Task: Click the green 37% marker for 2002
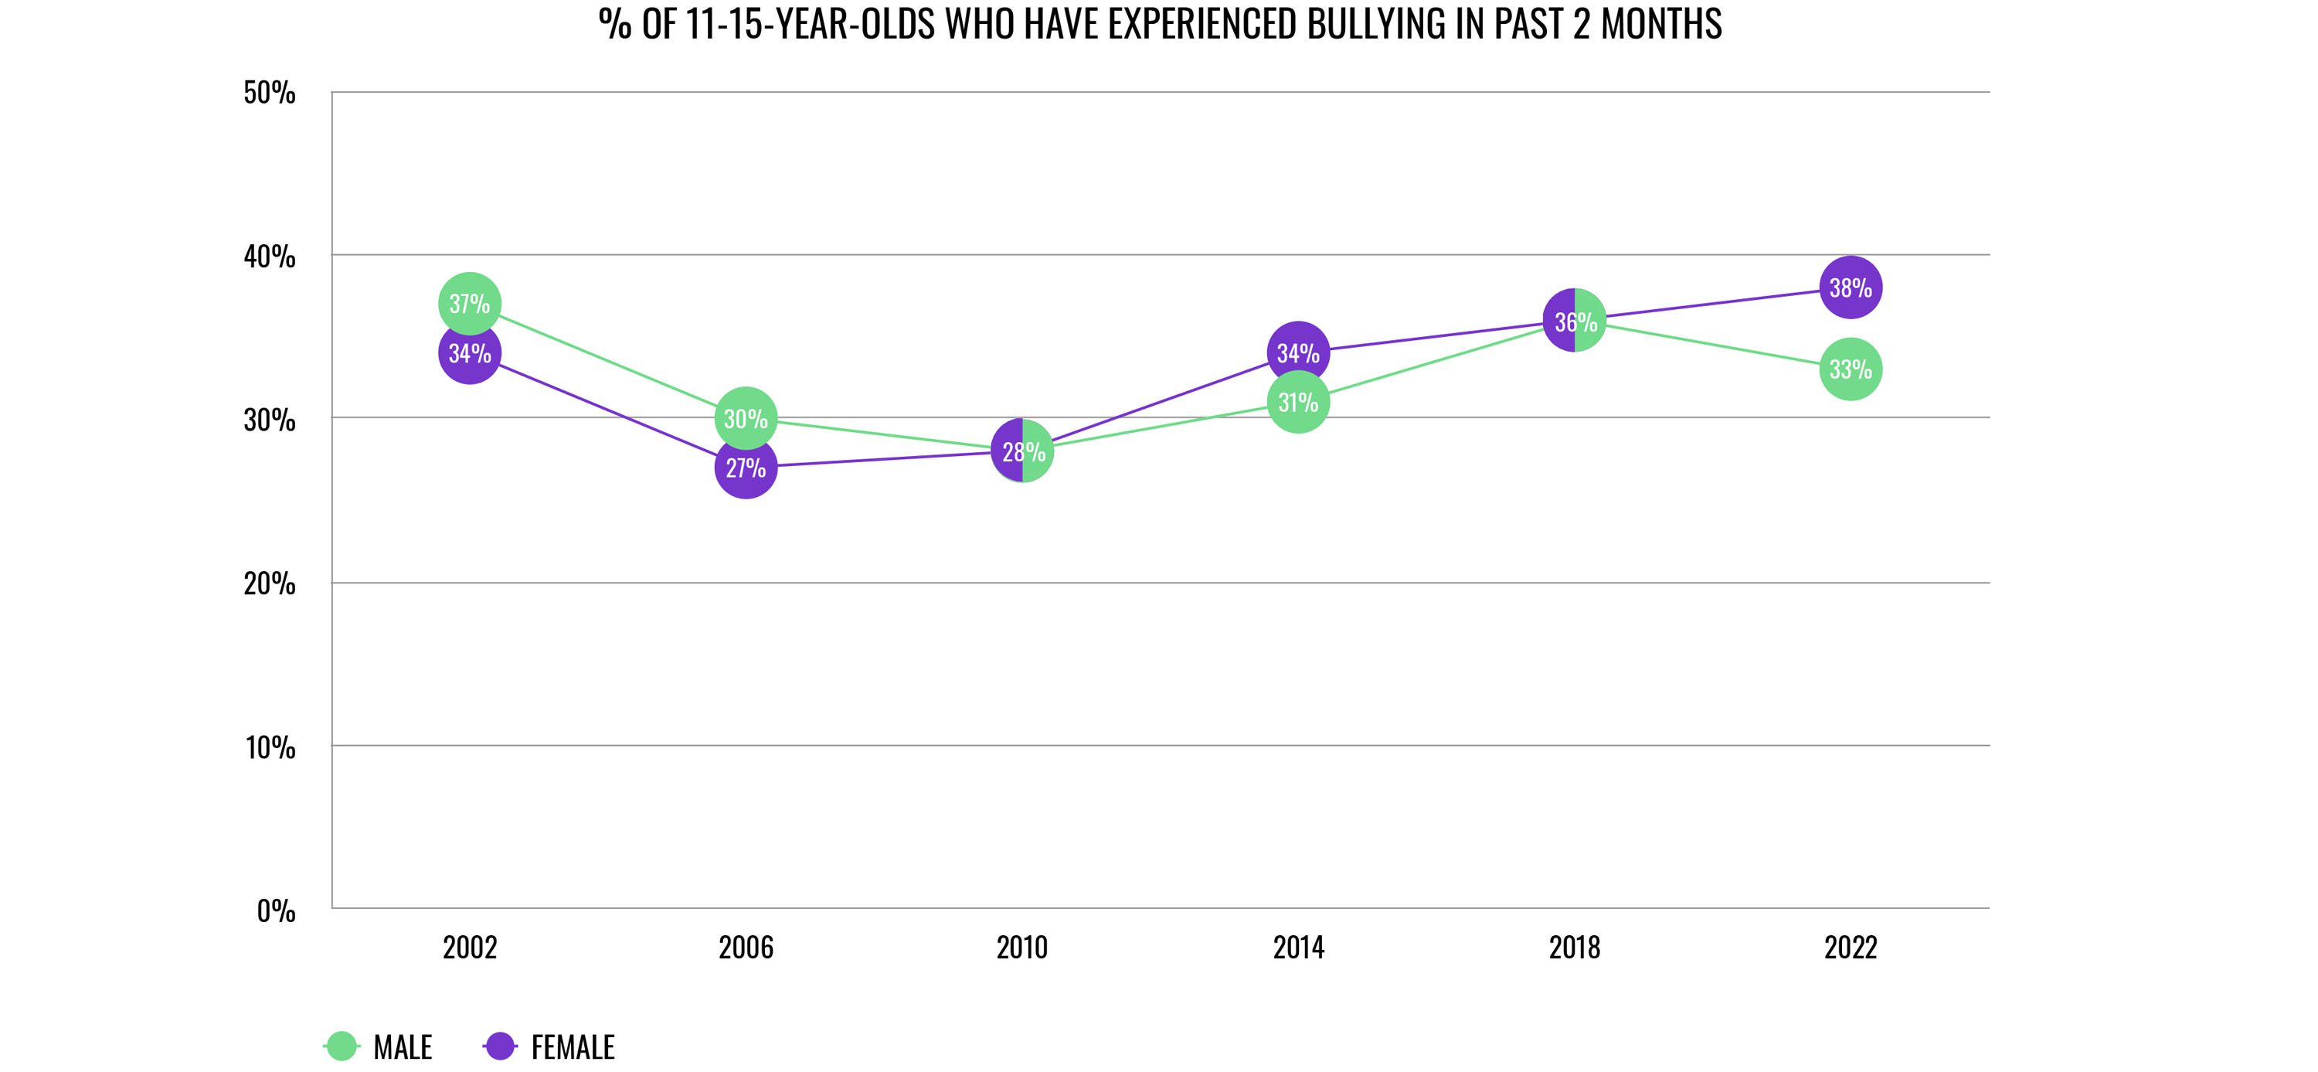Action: point(469,303)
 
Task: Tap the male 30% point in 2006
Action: point(745,417)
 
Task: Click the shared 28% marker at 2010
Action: point(1022,451)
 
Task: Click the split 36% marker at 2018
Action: point(1574,321)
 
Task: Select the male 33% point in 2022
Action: point(1850,369)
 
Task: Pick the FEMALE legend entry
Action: point(551,1046)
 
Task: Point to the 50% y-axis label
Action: point(269,93)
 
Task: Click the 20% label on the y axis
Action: point(269,584)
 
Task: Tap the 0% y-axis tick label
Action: point(275,910)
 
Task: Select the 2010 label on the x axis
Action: point(1022,948)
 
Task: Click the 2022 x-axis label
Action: point(1850,948)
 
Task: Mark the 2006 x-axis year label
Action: point(745,948)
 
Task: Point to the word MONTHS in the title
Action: point(1660,23)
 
